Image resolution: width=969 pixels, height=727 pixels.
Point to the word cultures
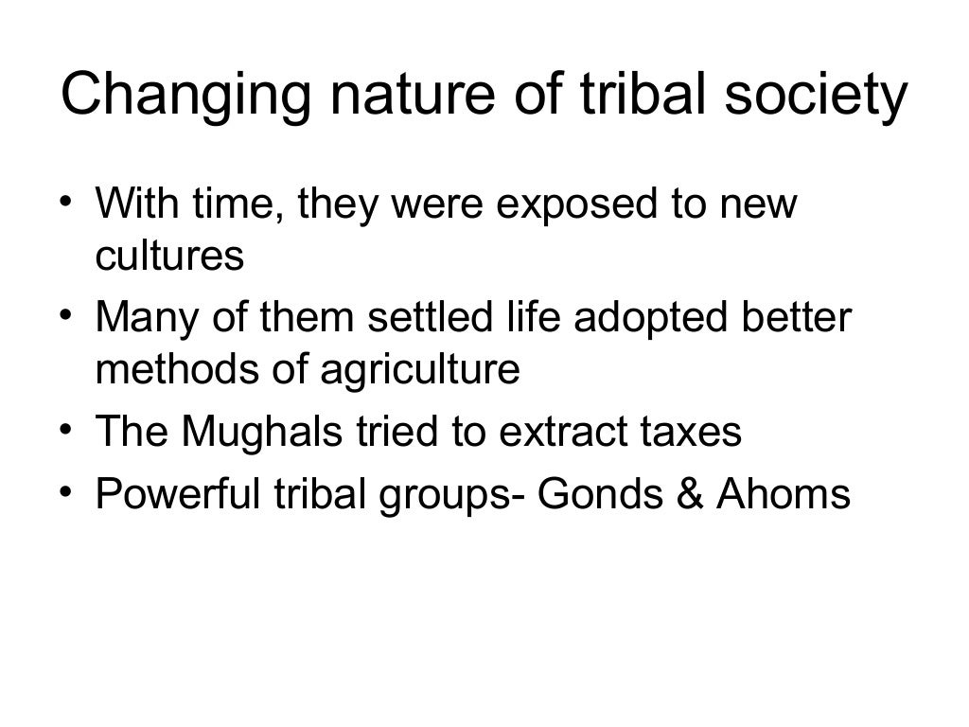point(169,257)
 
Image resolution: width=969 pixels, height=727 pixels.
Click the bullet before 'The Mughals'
point(66,430)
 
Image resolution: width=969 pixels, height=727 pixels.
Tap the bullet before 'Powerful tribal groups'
point(66,491)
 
